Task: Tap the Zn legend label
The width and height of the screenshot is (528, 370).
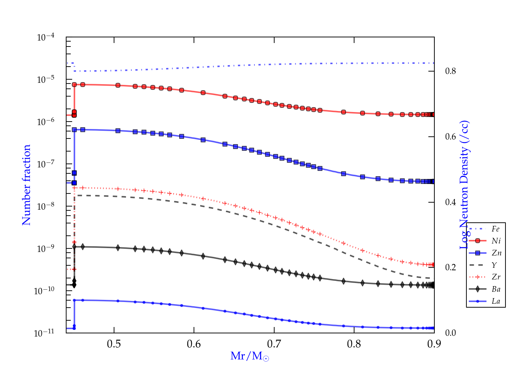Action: pos(496,253)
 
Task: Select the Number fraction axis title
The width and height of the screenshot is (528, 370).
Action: pos(27,185)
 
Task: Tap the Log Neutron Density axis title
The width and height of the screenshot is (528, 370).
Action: pos(465,185)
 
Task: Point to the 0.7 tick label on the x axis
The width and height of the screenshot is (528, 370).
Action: pos(274,344)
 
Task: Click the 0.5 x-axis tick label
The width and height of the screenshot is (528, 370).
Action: pos(114,344)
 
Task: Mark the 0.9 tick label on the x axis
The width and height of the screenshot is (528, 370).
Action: pos(434,344)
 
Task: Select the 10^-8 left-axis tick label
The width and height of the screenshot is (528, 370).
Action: pos(45,206)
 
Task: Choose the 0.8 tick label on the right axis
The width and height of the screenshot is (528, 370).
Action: pos(451,71)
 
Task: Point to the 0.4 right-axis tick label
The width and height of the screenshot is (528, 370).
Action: pos(451,202)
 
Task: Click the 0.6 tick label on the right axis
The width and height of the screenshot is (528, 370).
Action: pos(451,137)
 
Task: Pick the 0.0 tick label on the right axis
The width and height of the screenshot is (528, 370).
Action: pos(451,333)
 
